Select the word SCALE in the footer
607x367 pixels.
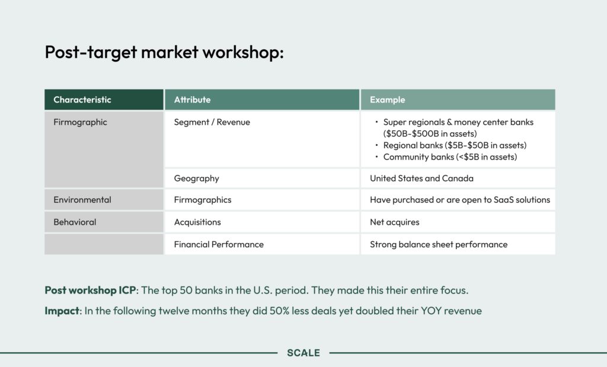[303, 353]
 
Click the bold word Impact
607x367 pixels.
[62, 311]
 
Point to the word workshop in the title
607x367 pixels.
[243, 52]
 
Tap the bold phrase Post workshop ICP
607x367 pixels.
[90, 291]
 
